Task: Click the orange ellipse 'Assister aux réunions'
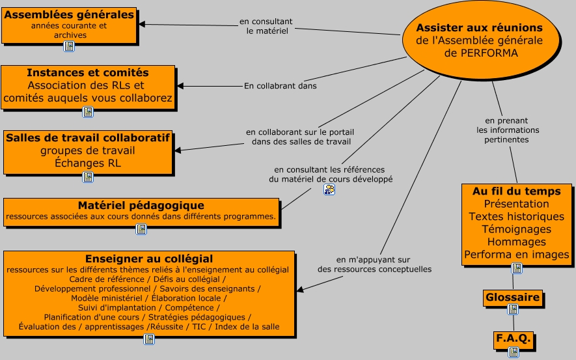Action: [480, 41]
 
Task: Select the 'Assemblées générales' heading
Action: [69, 14]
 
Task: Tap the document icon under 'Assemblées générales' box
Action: [68, 46]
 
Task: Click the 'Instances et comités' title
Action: [88, 73]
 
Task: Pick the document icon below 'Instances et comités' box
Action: [88, 111]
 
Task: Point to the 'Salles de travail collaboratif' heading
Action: [88, 138]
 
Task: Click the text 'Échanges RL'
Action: [88, 163]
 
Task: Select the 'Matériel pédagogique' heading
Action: [141, 206]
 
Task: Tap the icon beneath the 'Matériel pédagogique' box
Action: [141, 229]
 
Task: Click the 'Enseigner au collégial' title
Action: [149, 258]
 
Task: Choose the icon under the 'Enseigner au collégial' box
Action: [149, 339]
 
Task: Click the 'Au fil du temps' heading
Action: [517, 191]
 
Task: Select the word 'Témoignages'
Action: [517, 229]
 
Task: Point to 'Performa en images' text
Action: [517, 255]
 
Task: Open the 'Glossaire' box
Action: [513, 298]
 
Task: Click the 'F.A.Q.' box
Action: [514, 339]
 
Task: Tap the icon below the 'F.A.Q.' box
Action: [514, 352]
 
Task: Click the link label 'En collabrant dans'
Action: [280, 85]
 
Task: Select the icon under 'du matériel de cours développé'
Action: [329, 189]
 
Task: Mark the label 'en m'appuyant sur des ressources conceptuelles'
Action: [374, 264]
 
